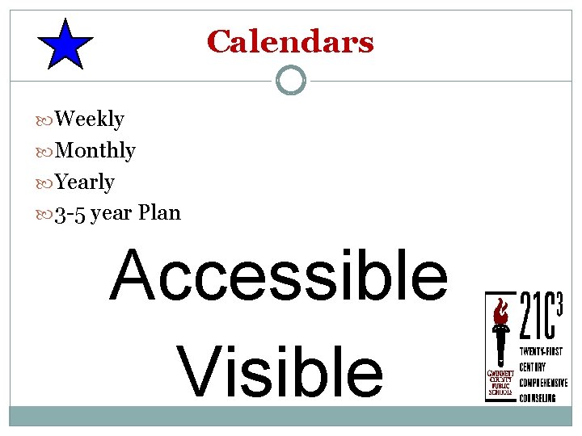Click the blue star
[65, 45]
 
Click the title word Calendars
[290, 41]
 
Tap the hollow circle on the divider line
[291, 80]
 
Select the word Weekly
[90, 119]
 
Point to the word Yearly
[85, 182]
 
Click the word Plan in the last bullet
[159, 213]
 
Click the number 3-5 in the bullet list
[71, 214]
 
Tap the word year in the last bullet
[112, 215]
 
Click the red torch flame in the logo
[501, 310]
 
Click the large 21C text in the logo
[534, 317]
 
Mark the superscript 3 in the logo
[559, 300]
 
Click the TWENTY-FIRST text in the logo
[542, 352]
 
